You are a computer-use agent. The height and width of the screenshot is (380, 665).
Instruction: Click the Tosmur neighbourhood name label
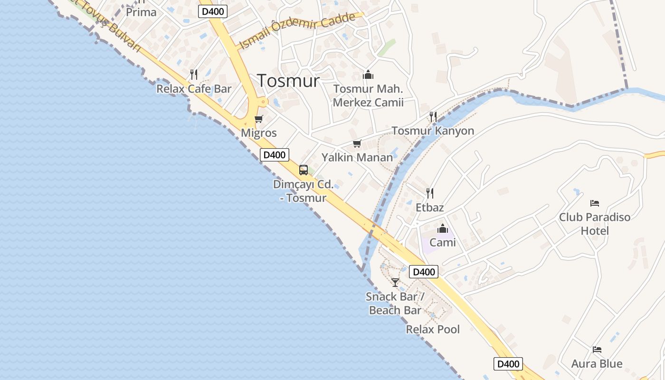click(288, 80)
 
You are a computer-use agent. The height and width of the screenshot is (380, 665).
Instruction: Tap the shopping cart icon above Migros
click(259, 119)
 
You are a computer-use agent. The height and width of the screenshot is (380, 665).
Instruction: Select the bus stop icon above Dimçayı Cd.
click(303, 170)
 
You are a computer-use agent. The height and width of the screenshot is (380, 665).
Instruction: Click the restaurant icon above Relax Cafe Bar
click(193, 74)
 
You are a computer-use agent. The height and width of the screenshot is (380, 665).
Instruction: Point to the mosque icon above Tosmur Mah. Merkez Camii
click(368, 75)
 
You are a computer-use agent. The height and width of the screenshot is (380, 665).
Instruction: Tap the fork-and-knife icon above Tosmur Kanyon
click(433, 116)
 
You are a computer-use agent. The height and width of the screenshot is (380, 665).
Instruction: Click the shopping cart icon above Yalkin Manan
click(357, 143)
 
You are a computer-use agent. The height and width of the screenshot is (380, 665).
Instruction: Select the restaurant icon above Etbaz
click(430, 193)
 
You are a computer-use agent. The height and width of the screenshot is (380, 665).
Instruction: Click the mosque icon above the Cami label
click(443, 228)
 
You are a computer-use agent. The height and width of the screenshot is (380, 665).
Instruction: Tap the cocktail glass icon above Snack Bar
click(395, 282)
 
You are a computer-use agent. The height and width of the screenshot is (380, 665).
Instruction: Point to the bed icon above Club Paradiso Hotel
click(595, 203)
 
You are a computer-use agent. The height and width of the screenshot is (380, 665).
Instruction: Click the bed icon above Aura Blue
click(597, 350)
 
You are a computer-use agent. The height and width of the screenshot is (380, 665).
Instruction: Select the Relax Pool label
click(433, 329)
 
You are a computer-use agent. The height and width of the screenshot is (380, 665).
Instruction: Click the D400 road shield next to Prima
click(212, 11)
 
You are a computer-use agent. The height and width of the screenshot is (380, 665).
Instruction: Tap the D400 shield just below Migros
click(275, 155)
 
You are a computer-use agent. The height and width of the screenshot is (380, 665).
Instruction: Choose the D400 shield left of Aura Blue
click(508, 364)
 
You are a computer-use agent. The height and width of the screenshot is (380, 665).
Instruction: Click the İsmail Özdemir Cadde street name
click(298, 30)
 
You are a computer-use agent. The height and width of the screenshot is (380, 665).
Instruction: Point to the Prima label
click(141, 12)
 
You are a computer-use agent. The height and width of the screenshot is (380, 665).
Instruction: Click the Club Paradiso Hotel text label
click(595, 224)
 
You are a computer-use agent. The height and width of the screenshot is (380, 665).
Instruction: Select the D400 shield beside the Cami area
click(424, 272)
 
